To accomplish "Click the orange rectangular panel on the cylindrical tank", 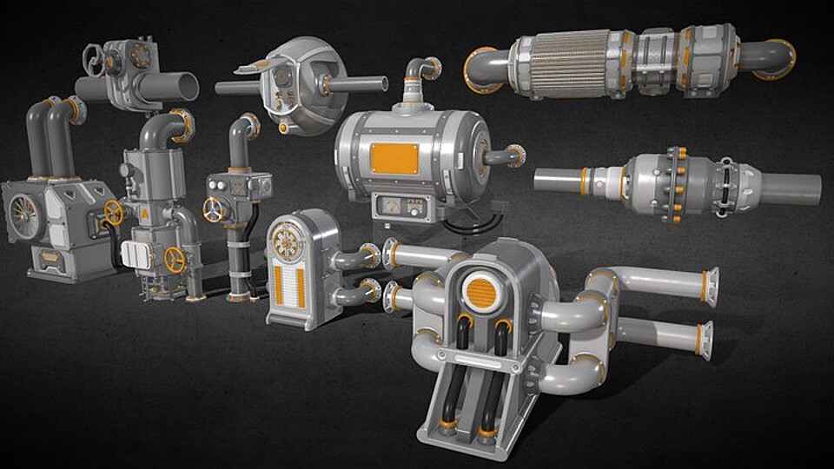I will click(394, 158).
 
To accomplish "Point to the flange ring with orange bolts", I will click(675, 183).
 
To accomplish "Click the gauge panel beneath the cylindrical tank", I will click(401, 208).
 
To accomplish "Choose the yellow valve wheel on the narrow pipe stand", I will click(213, 209).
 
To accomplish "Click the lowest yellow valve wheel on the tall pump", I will click(175, 260).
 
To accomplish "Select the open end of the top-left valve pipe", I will click(187, 87).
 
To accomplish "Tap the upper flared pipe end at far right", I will click(710, 287).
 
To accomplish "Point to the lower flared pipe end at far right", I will click(704, 340).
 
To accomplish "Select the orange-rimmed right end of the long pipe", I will click(778, 58).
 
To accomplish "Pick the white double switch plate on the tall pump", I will click(135, 254).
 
